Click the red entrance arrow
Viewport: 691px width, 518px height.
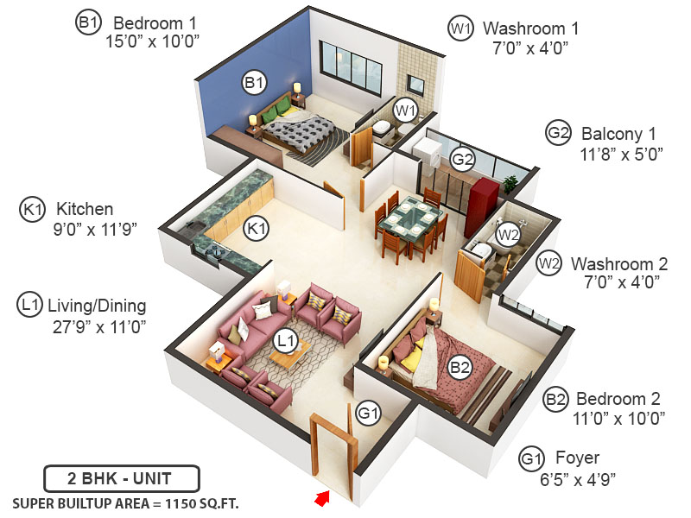(324, 497)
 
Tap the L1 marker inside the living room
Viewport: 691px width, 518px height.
(286, 343)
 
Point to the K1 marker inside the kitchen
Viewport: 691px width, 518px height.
(257, 228)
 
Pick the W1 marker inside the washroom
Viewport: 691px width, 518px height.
(405, 111)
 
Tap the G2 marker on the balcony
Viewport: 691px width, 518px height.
(463, 159)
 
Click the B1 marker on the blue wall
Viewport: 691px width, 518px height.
(253, 83)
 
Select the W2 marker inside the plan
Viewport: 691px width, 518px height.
(509, 233)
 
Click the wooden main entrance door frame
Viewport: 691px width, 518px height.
(334, 454)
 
